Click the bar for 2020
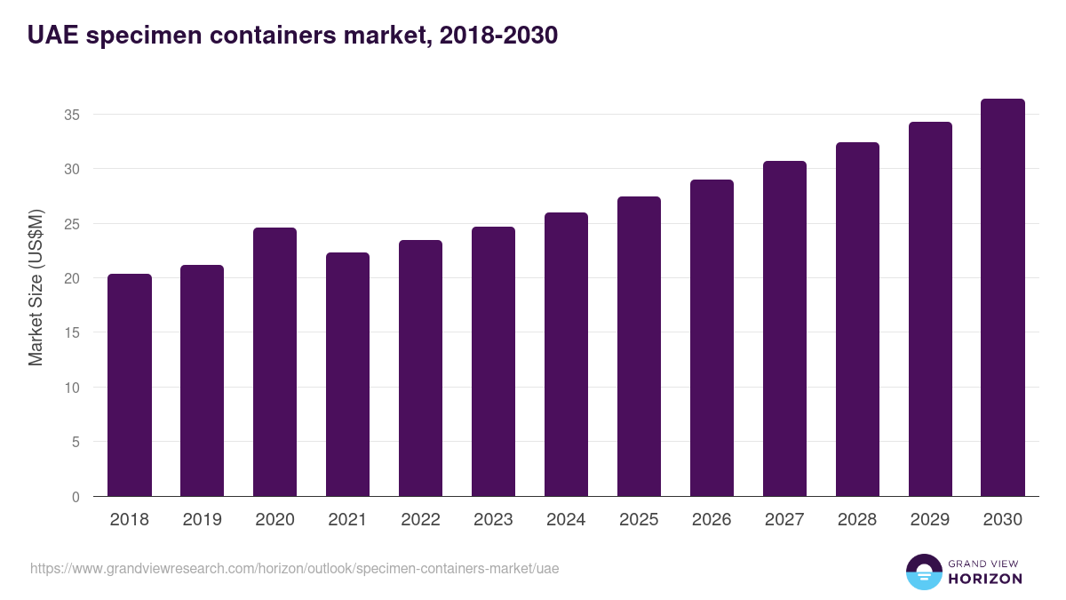click(x=274, y=362)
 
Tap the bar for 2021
click(x=347, y=374)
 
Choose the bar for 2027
click(x=784, y=328)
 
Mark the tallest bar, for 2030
click(x=1003, y=297)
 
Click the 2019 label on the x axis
click(x=202, y=520)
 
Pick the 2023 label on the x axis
click(x=493, y=520)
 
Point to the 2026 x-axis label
click(x=712, y=520)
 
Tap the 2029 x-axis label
click(x=930, y=520)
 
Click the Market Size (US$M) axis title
click(x=36, y=288)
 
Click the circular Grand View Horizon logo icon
click(x=924, y=572)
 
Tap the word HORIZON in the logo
click(x=985, y=579)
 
